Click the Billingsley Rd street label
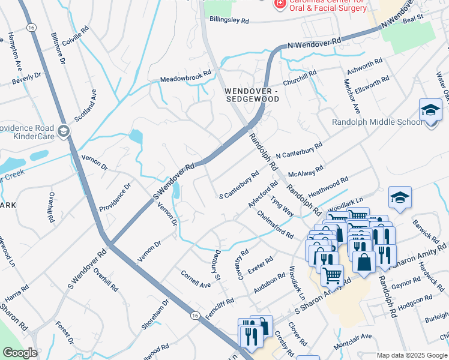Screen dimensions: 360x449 pyautogui.click(x=229, y=20)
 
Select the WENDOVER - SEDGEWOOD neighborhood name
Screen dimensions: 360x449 pyautogui.click(x=252, y=95)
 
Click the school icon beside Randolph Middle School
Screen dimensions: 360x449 pyautogui.click(x=430, y=111)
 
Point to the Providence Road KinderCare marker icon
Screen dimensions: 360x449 pyautogui.click(x=64, y=131)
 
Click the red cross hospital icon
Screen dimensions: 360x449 pyautogui.click(x=279, y=4)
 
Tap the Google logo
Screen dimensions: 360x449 pyautogui.click(x=20, y=353)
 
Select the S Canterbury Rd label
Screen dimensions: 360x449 pyautogui.click(x=239, y=187)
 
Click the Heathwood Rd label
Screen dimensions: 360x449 pyautogui.click(x=328, y=188)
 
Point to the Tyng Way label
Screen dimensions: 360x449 pyautogui.click(x=282, y=206)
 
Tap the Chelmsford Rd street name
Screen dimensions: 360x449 pyautogui.click(x=275, y=224)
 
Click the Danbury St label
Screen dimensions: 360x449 pyautogui.click(x=217, y=265)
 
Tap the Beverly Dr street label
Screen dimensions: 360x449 pyautogui.click(x=26, y=77)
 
